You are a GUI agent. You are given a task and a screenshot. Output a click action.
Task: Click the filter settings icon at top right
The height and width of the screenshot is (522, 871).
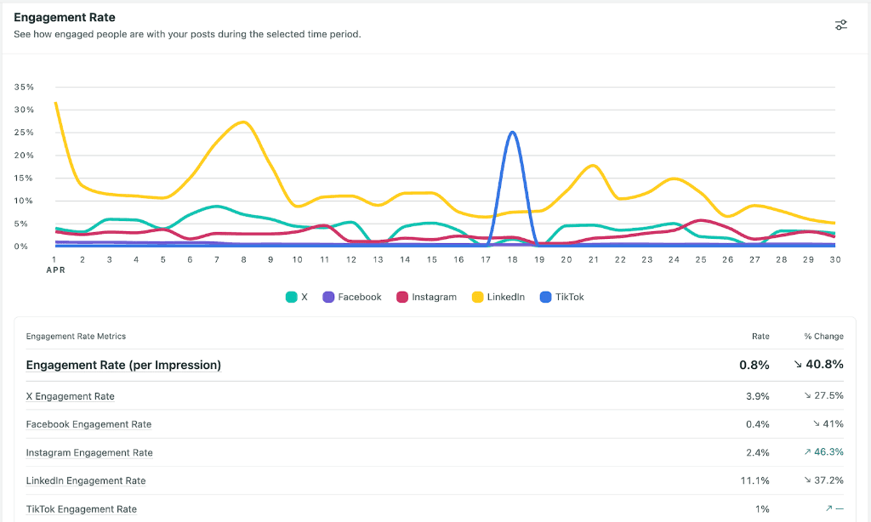840,25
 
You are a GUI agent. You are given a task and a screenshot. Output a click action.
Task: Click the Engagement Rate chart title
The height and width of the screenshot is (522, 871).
65,17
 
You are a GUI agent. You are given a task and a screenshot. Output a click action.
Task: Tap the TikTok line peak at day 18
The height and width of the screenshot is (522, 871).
511,133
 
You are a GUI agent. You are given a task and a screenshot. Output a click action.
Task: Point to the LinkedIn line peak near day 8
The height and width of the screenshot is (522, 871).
243,122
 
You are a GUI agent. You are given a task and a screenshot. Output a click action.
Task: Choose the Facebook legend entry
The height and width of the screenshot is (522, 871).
351,297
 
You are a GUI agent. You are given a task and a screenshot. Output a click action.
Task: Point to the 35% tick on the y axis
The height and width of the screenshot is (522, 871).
25,88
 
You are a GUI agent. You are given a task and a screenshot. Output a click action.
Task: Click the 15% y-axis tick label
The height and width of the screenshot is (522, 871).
25,179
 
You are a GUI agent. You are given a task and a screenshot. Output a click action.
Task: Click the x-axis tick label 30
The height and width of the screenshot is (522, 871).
834,259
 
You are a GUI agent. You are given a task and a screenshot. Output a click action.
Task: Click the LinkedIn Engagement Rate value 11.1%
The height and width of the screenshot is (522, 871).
754,480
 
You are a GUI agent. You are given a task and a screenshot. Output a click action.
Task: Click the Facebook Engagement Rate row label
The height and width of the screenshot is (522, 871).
88,424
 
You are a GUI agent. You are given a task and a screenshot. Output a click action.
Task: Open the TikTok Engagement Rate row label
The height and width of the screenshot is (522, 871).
81,509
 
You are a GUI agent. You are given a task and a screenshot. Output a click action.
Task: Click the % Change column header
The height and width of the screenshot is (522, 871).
823,336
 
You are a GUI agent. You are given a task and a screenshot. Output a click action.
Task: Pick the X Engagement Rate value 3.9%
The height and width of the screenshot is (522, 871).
757,396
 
